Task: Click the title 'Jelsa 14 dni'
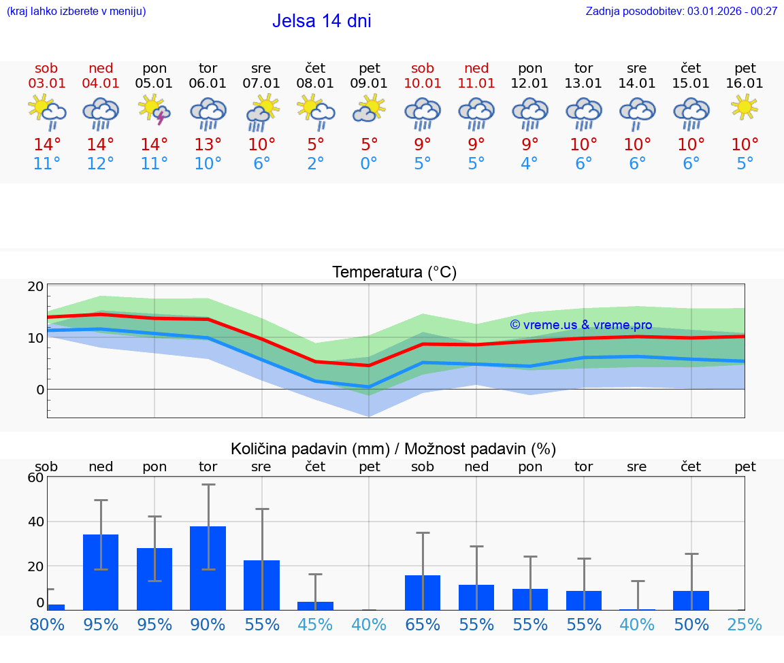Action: click(321, 21)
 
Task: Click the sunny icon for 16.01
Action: click(745, 107)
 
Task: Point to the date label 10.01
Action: click(423, 84)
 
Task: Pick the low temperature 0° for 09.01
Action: click(369, 164)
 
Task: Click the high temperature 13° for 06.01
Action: click(208, 145)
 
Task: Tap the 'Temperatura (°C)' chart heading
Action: click(394, 273)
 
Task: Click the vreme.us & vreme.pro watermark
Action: click(581, 325)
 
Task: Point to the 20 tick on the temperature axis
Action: click(35, 286)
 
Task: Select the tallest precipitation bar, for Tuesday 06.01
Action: click(208, 568)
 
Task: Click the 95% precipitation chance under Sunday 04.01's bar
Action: click(101, 625)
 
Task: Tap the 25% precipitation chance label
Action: click(745, 625)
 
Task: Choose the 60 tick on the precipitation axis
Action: click(35, 477)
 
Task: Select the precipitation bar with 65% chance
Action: click(423, 592)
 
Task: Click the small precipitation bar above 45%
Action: click(315, 605)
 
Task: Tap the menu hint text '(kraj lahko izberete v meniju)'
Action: click(76, 12)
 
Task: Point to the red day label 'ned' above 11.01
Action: click(476, 68)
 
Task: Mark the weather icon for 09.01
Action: click(369, 109)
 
